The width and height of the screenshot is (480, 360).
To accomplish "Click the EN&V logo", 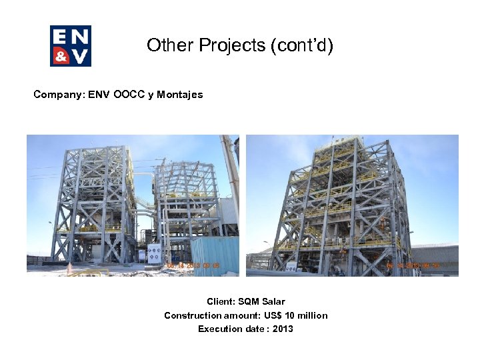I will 71,46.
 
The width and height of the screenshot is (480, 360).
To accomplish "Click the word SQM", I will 247,302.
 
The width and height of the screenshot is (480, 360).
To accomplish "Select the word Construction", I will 193,315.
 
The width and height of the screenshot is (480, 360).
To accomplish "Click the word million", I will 311,315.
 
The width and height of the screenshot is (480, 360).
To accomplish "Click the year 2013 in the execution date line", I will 283,329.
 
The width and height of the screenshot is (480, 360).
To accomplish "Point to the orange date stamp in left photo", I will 193,265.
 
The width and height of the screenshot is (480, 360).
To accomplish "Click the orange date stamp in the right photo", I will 413,265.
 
